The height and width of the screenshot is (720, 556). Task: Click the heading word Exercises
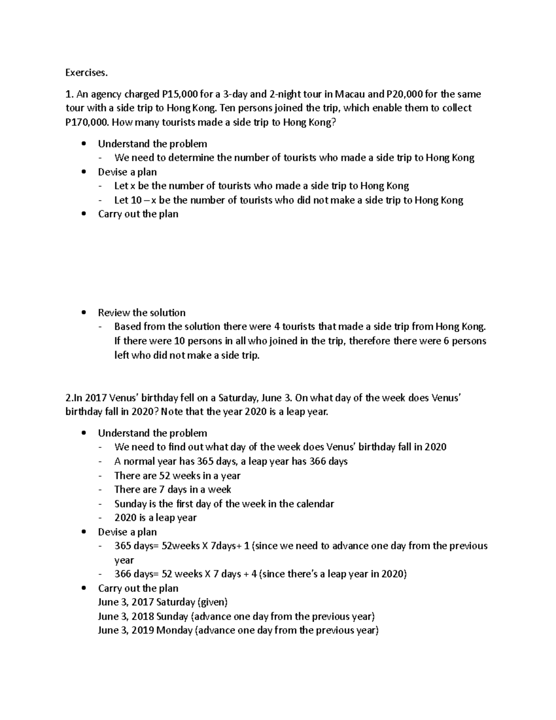[86, 73]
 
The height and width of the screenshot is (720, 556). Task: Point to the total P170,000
[87, 123]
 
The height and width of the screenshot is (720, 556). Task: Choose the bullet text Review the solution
[141, 312]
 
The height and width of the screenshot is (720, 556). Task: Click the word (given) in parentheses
[213, 602]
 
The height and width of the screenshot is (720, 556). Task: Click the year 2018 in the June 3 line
[143, 617]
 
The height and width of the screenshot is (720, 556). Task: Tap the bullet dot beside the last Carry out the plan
[83, 588]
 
